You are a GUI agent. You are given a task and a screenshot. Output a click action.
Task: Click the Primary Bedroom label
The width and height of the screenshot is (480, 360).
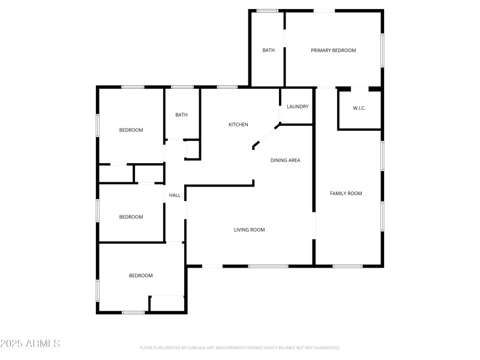(333, 50)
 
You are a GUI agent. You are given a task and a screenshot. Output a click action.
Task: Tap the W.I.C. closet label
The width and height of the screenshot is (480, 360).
(359, 108)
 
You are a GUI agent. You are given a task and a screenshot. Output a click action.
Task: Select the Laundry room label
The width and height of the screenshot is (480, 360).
(298, 107)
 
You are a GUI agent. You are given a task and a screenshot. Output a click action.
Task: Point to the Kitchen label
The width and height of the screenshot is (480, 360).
(238, 125)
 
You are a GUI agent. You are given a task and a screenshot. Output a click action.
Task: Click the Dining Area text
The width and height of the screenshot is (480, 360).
(285, 160)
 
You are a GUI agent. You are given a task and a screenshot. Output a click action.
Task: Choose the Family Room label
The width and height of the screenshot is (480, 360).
(346, 193)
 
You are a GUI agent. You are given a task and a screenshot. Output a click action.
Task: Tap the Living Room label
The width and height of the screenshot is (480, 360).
(249, 230)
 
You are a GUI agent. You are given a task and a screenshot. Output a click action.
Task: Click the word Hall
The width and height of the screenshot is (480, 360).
(175, 195)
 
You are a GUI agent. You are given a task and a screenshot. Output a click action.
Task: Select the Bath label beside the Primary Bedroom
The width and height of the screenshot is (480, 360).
(268, 50)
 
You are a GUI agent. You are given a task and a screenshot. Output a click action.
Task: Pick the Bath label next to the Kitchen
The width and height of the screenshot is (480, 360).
(181, 115)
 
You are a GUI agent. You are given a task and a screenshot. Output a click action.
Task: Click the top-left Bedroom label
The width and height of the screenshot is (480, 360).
(131, 130)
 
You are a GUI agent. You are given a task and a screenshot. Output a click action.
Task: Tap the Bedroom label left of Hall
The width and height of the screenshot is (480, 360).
(131, 217)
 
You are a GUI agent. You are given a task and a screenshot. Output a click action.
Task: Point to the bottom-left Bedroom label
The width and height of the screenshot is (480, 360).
(140, 276)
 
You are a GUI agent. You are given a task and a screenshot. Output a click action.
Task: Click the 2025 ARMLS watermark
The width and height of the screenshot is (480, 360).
(30, 344)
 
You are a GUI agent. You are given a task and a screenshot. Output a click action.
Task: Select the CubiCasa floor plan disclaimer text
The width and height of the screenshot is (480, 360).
(240, 348)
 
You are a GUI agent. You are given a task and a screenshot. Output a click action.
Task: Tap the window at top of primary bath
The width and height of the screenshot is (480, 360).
(267, 11)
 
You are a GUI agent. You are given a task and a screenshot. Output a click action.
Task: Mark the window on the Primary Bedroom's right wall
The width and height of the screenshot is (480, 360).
(382, 50)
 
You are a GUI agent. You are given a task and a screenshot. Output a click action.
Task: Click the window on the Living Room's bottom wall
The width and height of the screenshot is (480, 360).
(268, 266)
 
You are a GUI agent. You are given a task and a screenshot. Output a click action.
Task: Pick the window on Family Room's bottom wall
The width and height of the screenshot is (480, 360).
(347, 266)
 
